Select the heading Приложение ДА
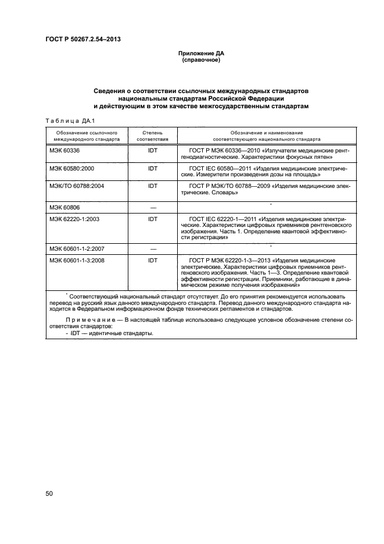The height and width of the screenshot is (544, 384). pyautogui.click(x=200, y=54)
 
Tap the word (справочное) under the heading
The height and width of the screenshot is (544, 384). pyautogui.click(x=200, y=60)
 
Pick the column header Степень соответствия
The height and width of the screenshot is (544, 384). pyautogui.click(x=153, y=137)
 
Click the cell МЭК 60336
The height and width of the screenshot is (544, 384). pyautogui.click(x=64, y=151)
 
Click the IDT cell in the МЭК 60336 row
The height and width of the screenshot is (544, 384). pyautogui.click(x=153, y=151)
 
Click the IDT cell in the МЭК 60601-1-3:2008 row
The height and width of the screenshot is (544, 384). pyautogui.click(x=153, y=261)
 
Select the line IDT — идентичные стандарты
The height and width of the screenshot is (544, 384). pyautogui.click(x=108, y=334)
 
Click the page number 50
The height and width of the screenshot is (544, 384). pyautogui.click(x=49, y=493)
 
